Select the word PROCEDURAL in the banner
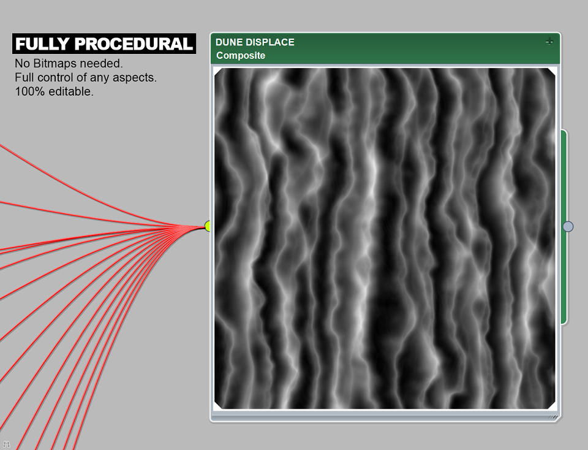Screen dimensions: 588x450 click(134, 44)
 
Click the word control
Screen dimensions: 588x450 click(56, 77)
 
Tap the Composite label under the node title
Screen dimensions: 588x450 click(241, 56)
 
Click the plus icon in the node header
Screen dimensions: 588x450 click(549, 41)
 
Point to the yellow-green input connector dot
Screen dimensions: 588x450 click(208, 226)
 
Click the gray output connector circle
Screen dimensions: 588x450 click(568, 226)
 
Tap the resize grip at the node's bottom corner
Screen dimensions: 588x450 click(554, 417)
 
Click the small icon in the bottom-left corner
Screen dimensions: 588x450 click(6, 444)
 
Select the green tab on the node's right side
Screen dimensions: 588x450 click(564, 227)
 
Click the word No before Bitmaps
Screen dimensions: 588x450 click(23, 63)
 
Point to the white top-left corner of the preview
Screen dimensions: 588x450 click(216, 70)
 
